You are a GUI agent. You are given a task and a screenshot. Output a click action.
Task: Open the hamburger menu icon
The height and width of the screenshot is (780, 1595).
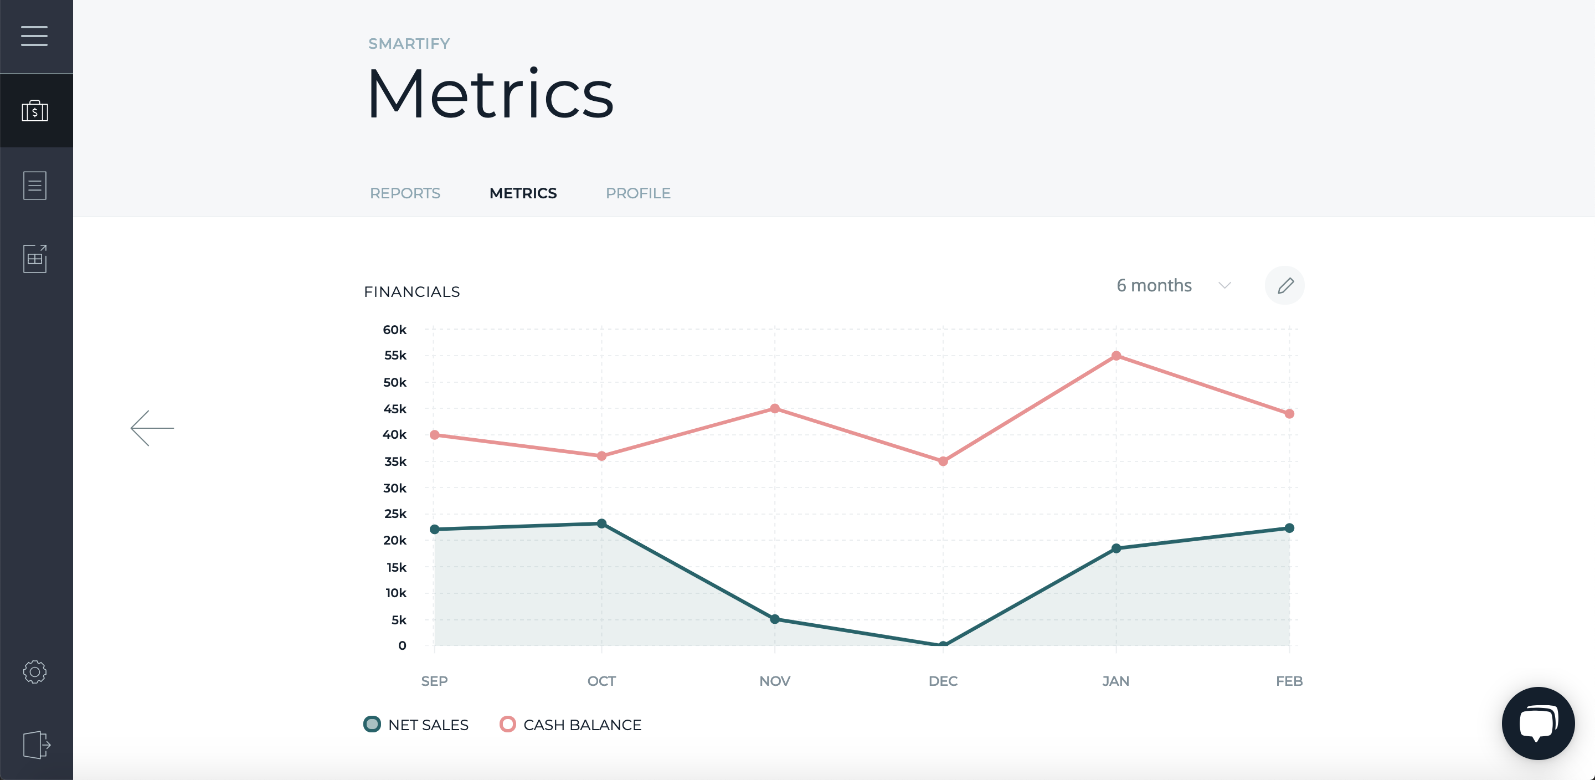pyautogui.click(x=34, y=36)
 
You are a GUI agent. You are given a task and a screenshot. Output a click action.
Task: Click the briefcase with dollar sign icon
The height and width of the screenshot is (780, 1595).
pyautogui.click(x=35, y=111)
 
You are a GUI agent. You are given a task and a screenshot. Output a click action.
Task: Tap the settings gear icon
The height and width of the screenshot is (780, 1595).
pyautogui.click(x=35, y=671)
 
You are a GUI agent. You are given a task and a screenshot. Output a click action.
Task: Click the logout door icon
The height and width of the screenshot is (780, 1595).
pyautogui.click(x=36, y=744)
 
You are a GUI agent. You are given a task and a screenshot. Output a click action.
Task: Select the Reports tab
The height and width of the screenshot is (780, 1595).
pyautogui.click(x=405, y=193)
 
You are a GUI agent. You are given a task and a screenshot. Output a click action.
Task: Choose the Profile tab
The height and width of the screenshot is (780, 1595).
pyautogui.click(x=638, y=193)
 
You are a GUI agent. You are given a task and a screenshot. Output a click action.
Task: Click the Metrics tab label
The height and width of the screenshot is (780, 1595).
pyautogui.click(x=523, y=193)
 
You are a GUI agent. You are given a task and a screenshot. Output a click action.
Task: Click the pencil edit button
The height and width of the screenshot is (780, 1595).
pyautogui.click(x=1285, y=286)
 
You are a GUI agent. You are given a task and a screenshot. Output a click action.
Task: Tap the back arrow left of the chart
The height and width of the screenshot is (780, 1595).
pyautogui.click(x=152, y=428)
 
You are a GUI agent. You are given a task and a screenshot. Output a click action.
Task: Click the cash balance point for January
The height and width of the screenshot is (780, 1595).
pyautogui.click(x=1116, y=356)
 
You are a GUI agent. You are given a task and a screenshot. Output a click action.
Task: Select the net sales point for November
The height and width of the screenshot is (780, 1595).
pyautogui.click(x=775, y=619)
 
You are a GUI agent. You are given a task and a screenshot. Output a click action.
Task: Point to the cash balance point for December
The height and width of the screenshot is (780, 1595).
pyautogui.click(x=943, y=461)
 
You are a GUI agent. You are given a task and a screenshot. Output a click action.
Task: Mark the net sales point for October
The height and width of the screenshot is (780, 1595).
pyautogui.click(x=601, y=524)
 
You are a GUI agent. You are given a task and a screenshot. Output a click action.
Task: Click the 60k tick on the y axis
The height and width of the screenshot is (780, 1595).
pyautogui.click(x=394, y=330)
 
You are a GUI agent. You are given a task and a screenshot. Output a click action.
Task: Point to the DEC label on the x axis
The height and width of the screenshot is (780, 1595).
pyautogui.click(x=943, y=681)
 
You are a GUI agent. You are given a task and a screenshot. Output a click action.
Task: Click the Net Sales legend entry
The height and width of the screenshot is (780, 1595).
pyautogui.click(x=416, y=724)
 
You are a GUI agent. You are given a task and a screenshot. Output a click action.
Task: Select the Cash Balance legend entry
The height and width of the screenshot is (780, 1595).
pyautogui.click(x=570, y=724)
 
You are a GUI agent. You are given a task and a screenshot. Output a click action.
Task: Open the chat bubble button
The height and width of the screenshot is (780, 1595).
pyautogui.click(x=1538, y=723)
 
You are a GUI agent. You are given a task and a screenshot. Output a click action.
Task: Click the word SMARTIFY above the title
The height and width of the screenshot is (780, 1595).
pyautogui.click(x=409, y=43)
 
